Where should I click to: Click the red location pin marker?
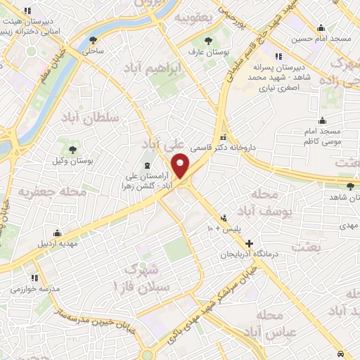click(x=181, y=166)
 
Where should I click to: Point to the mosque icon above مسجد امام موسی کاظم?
click(x=322, y=120)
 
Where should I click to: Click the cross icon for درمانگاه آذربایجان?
click(x=249, y=243)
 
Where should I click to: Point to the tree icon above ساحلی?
click(x=94, y=40)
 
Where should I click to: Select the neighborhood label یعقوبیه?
click(x=193, y=16)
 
